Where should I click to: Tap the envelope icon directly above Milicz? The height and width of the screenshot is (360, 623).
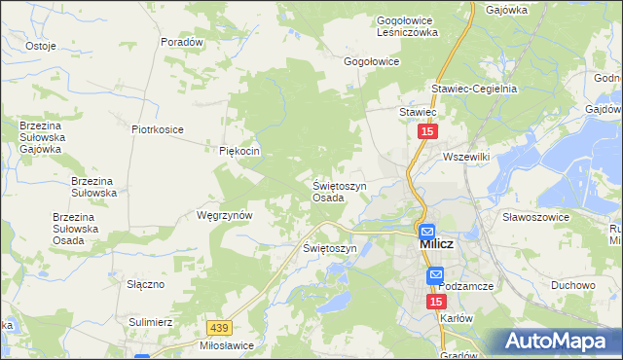click(426, 232)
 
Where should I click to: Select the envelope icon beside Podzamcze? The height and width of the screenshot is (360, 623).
click(436, 276)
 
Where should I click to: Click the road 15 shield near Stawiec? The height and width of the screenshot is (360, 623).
click(428, 130)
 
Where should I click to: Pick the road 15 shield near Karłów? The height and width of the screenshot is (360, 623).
click(436, 303)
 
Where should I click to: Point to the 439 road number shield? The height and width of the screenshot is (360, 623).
click(220, 331)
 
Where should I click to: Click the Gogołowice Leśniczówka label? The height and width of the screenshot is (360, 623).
click(408, 25)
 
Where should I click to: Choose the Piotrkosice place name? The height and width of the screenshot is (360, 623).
click(158, 128)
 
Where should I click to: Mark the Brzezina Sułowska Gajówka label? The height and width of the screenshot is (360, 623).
click(41, 137)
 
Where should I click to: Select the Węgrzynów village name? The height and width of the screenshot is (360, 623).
click(225, 215)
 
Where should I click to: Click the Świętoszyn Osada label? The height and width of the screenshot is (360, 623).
click(339, 191)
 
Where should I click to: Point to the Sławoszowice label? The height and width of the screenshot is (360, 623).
click(535, 217)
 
